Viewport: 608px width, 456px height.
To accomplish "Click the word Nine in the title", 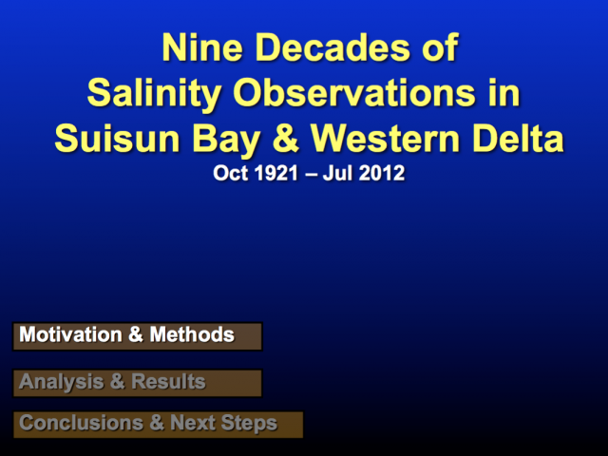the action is (202, 48).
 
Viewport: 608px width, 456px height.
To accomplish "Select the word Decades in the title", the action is (333, 48).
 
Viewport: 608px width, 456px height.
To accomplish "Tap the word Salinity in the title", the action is (154, 94).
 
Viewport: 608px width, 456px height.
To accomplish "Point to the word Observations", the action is (354, 93).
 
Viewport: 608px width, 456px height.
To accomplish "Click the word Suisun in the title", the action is (117, 139).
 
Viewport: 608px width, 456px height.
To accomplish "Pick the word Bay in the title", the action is (226, 142).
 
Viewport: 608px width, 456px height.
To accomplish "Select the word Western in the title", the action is (385, 139).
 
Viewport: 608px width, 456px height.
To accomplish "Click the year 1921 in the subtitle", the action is (276, 173).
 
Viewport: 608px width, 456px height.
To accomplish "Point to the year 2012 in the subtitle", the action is (382, 173).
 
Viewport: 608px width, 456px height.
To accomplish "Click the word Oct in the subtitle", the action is (231, 173).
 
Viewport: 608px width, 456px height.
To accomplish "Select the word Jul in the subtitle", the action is (338, 173).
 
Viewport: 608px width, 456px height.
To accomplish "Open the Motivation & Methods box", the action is (138, 336).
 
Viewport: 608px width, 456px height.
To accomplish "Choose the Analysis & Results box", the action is (138, 383).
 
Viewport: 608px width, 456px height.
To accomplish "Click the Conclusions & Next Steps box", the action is (159, 425).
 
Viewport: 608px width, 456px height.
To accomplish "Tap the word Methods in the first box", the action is (192, 334).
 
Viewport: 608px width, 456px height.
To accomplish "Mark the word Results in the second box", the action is (168, 381).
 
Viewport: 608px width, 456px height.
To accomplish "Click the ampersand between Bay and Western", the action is (286, 139).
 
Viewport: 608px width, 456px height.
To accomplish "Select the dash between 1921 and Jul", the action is (311, 174).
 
